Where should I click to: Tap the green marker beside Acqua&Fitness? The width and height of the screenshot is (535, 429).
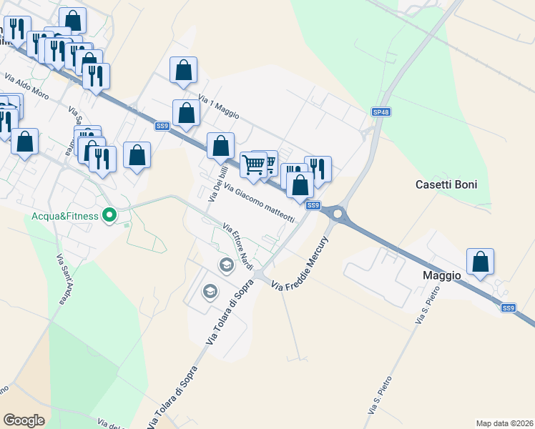tap(110, 214)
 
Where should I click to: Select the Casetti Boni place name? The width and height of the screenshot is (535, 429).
tap(446, 184)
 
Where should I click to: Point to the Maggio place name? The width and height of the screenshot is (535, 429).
tap(441, 275)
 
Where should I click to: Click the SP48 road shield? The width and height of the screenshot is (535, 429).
tap(381, 112)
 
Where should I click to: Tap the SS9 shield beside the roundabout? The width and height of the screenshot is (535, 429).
tap(313, 205)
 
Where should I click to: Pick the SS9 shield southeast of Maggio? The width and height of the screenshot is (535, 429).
tap(508, 307)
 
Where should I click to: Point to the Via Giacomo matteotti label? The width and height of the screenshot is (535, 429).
tap(259, 203)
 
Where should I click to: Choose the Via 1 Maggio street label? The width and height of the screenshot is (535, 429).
tap(218, 107)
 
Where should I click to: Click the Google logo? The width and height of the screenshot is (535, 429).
tap(24, 420)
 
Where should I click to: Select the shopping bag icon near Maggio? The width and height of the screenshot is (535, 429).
tap(481, 262)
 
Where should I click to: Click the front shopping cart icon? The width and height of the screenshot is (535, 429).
tap(254, 164)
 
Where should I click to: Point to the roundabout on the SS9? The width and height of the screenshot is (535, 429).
tap(337, 212)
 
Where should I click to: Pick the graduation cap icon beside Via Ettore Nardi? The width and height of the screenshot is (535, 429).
tap(227, 266)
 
